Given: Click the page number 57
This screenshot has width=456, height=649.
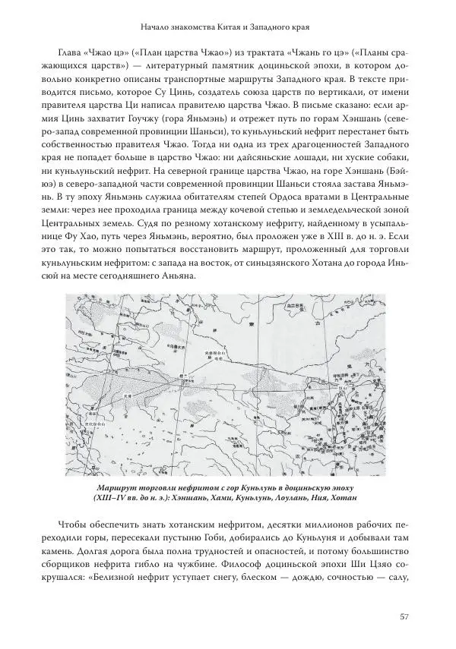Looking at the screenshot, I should click(405, 616).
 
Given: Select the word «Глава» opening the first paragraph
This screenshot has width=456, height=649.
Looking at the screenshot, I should click(73, 56).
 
